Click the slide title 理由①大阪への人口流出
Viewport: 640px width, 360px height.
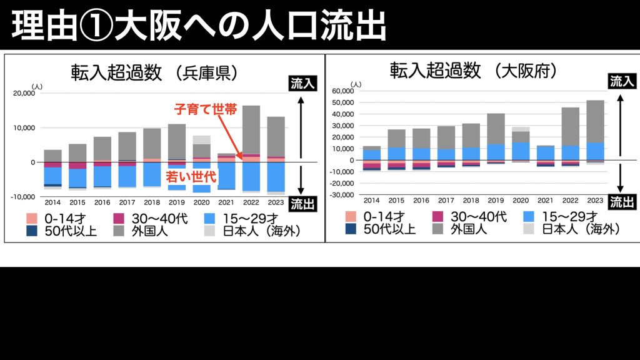pos(199,26)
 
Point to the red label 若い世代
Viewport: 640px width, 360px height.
pos(190,177)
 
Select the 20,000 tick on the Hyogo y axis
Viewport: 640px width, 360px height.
pos(25,93)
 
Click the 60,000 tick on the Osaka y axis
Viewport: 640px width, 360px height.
pos(342,91)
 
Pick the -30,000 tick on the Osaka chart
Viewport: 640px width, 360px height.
pos(341,195)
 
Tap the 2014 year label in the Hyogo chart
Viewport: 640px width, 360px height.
pos(52,202)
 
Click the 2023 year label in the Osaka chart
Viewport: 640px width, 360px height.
pos(595,200)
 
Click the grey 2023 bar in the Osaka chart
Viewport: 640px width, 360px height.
pos(595,121)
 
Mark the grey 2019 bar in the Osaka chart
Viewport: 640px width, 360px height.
pos(496,129)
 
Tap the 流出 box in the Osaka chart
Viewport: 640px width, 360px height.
pos(622,202)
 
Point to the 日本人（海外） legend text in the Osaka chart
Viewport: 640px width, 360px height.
pos(581,229)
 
